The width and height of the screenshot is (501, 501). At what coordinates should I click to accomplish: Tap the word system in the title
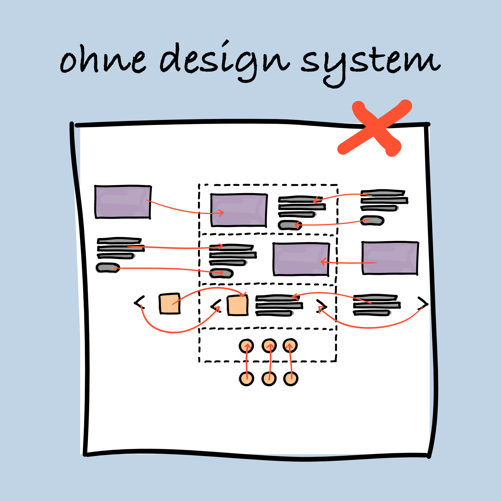[370, 64]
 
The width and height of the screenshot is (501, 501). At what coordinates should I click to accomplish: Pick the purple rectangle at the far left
[123, 202]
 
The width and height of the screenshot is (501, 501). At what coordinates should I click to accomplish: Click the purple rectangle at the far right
[390, 258]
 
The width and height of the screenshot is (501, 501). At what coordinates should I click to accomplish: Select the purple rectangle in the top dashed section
[239, 210]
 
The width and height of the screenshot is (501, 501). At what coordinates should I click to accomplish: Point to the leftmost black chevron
[139, 303]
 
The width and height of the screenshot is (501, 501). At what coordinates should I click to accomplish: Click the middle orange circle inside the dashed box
[269, 346]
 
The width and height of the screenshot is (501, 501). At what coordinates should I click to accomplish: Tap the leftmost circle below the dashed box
[246, 379]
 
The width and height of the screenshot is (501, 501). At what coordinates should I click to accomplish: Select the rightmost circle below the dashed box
[291, 379]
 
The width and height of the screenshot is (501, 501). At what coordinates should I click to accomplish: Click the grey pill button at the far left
[108, 267]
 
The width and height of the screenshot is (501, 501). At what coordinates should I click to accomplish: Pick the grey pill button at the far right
[372, 221]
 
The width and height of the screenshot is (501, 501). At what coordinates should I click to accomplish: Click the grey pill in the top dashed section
[290, 225]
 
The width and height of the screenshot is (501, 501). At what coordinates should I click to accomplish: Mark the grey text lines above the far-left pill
[120, 248]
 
